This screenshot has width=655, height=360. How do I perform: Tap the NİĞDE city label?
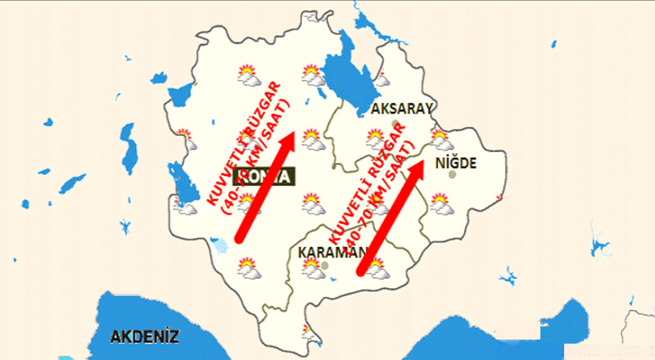point(455,164)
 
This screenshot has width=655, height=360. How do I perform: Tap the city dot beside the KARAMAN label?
point(326,265)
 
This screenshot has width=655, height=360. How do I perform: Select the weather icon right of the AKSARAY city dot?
point(441,138)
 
